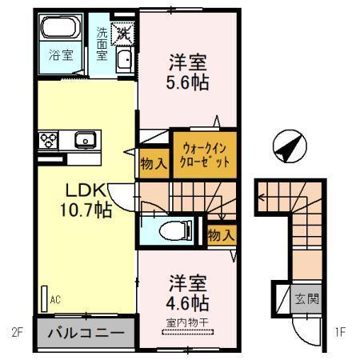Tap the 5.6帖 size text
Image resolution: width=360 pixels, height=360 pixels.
189,81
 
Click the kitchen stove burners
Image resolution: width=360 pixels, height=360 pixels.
48,140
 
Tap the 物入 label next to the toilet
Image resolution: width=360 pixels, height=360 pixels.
220,235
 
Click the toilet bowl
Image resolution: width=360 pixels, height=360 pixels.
172,231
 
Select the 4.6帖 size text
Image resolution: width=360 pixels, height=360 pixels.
188,303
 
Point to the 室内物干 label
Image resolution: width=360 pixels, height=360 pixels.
187,322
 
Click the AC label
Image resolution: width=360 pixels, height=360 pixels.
56,300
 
